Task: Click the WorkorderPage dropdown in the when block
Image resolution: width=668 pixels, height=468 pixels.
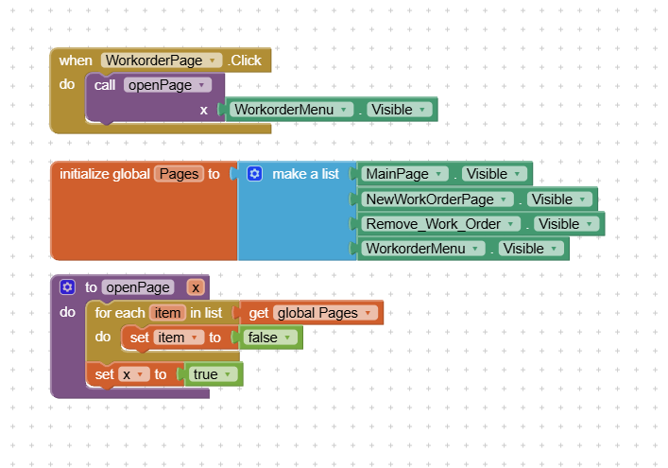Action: pyautogui.click(x=162, y=61)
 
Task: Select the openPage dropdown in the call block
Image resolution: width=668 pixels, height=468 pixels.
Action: pyautogui.click(x=167, y=85)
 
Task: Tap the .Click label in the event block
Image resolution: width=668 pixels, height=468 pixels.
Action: pyautogui.click(x=245, y=61)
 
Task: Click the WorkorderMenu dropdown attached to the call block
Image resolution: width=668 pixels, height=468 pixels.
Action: pyautogui.click(x=291, y=110)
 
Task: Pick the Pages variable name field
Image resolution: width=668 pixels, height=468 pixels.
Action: pyautogui.click(x=179, y=174)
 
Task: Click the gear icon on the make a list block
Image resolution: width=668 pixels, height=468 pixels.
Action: pyautogui.click(x=254, y=174)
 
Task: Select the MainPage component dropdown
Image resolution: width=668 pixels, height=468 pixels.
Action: pyautogui.click(x=404, y=174)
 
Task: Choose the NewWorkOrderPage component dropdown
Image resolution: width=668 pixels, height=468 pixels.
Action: pyautogui.click(x=437, y=199)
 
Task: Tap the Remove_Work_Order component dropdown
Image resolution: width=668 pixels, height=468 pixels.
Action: pyautogui.click(x=440, y=224)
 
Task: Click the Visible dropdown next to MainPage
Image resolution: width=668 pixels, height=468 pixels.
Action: pyautogui.click(x=494, y=174)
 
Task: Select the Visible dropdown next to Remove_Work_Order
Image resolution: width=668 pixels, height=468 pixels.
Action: pyautogui.click(x=566, y=224)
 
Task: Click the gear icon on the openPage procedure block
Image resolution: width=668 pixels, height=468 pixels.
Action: pyautogui.click(x=67, y=287)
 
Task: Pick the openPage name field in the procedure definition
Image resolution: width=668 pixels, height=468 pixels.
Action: pyautogui.click(x=138, y=287)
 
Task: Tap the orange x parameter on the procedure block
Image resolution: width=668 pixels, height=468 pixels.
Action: pyautogui.click(x=196, y=287)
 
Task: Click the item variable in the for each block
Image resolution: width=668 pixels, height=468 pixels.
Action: pyautogui.click(x=167, y=313)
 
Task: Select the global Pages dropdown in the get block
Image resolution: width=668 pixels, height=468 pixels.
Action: pyautogui.click(x=325, y=313)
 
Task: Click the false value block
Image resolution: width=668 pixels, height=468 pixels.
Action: pyautogui.click(x=270, y=338)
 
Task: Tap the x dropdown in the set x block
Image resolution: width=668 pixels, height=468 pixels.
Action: pyautogui.click(x=134, y=374)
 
